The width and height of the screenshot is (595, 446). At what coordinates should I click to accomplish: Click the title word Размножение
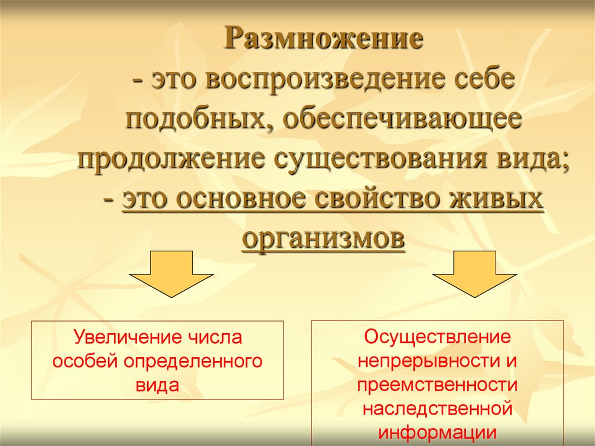323,40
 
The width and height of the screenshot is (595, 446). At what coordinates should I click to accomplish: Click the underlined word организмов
323,240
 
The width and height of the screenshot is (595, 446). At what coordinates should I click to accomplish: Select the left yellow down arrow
171,273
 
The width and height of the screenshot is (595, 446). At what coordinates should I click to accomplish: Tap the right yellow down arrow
475,273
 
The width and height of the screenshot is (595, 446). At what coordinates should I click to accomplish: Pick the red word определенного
193,362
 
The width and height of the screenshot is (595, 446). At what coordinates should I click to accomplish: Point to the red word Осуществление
438,337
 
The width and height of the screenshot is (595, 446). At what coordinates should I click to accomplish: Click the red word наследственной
438,409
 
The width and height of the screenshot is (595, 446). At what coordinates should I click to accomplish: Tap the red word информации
438,433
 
